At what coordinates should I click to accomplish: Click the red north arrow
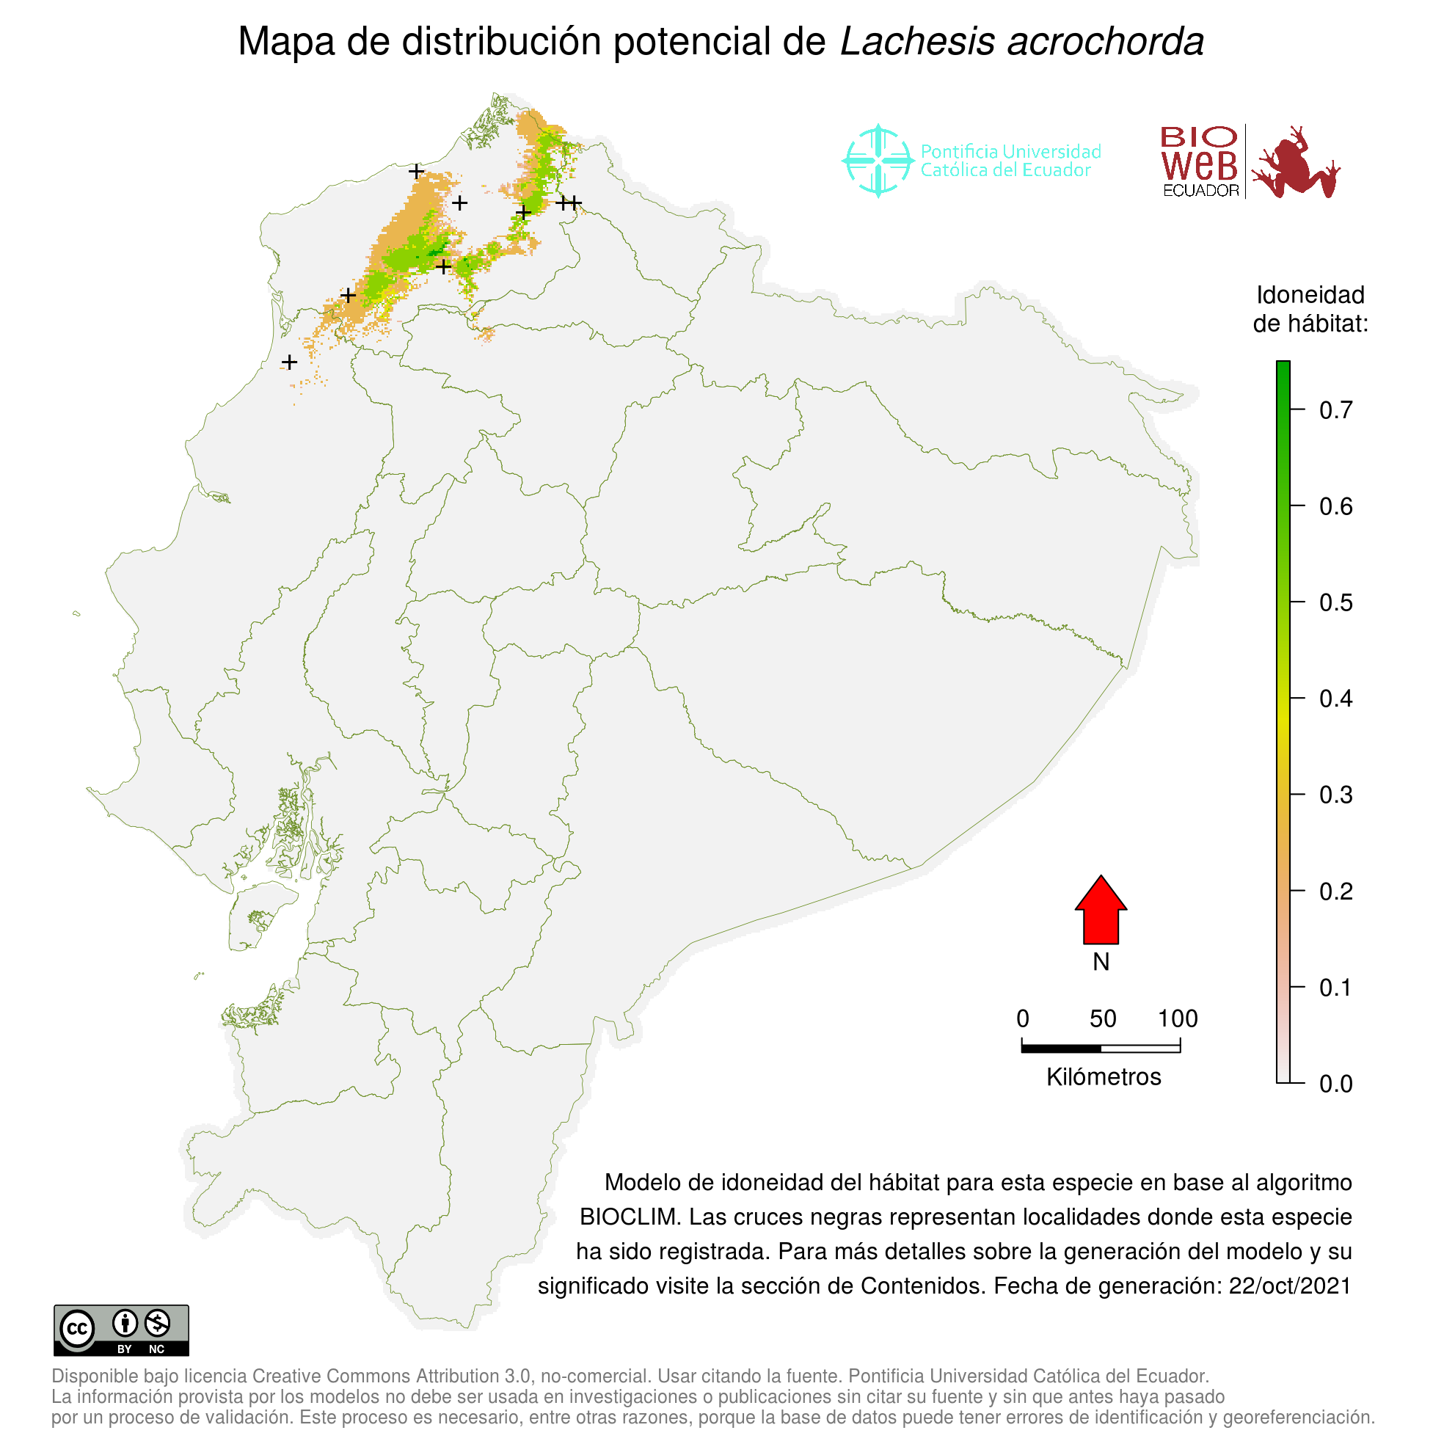1100,911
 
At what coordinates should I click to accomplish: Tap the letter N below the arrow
1100,962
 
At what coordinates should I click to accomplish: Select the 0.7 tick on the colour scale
1335,410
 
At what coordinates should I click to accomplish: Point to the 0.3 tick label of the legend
1335,795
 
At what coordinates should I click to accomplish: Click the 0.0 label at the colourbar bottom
1335,1084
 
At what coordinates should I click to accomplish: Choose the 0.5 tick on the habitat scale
1335,602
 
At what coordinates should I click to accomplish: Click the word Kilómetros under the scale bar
1104,1077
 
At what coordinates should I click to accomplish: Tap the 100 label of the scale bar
1177,1018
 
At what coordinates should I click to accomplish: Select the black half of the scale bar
1060,1049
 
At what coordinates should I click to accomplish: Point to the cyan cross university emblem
878,161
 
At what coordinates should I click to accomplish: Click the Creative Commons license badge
121,1330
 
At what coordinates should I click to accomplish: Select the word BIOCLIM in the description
630,1217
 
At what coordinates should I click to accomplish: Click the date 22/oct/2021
1289,1286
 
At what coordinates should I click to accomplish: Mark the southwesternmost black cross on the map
289,362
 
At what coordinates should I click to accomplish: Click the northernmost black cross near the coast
416,171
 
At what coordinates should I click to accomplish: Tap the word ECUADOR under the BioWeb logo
1200,191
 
